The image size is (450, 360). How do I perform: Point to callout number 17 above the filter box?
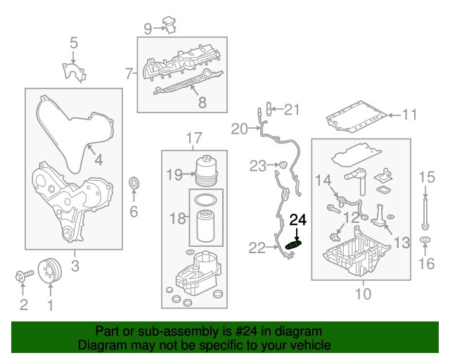(193, 138)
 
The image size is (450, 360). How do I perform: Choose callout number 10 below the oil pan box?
(363, 293)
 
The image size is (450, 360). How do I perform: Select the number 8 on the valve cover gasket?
(202, 103)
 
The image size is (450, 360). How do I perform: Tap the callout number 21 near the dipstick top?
(291, 109)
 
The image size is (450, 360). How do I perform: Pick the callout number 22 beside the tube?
(257, 247)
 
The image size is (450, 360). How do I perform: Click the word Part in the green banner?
(108, 331)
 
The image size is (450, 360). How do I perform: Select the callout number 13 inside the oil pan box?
(401, 243)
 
